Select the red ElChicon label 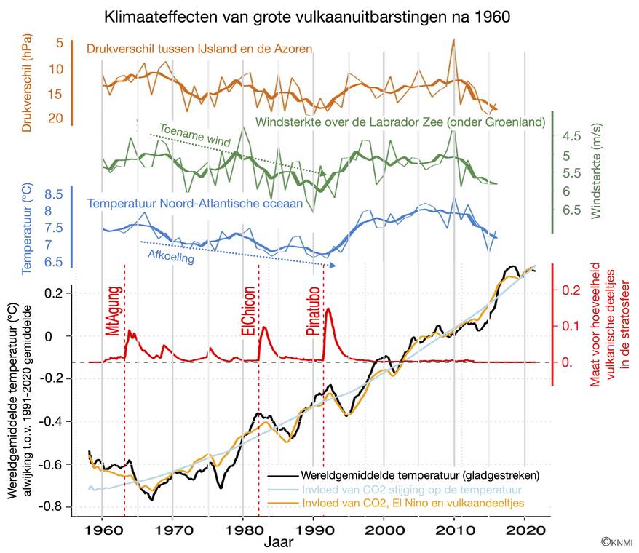tap(247, 309)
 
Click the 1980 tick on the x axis tap(242, 531)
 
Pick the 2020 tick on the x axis tap(524, 531)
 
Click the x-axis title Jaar tap(279, 543)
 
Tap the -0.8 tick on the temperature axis tap(54, 507)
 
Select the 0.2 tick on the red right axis tap(571, 290)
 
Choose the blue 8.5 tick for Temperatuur tap(53, 195)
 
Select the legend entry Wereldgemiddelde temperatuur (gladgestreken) tap(424, 476)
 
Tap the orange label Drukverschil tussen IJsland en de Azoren tap(199, 49)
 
